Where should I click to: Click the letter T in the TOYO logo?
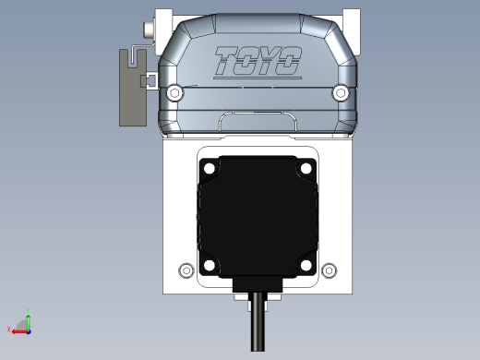227,61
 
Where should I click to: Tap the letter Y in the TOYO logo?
269,62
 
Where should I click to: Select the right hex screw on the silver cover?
341,92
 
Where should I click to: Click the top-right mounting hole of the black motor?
306,169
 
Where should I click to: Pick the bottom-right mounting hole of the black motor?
306,265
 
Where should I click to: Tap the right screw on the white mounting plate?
329,270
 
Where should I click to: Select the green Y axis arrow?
29,320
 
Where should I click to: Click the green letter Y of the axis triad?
30,312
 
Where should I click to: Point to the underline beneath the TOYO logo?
255,78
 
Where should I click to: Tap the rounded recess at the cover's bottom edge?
258,119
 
